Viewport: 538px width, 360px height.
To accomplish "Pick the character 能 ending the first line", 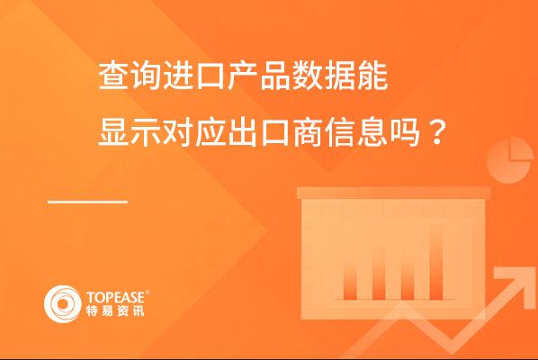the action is [373, 76].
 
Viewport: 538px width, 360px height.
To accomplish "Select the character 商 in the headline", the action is [308, 132].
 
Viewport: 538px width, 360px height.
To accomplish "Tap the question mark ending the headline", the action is [436, 132].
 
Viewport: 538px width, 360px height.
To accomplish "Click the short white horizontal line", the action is [88, 202].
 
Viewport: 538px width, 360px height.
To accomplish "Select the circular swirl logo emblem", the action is [62, 304].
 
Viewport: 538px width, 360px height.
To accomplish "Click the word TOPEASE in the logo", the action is [116, 297].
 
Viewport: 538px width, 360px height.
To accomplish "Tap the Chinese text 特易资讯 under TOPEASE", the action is [115, 310].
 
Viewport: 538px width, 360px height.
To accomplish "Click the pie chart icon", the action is [510, 160].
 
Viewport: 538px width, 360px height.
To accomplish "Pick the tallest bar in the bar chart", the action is [436, 262].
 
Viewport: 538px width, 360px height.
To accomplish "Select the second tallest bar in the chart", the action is [379, 274].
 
